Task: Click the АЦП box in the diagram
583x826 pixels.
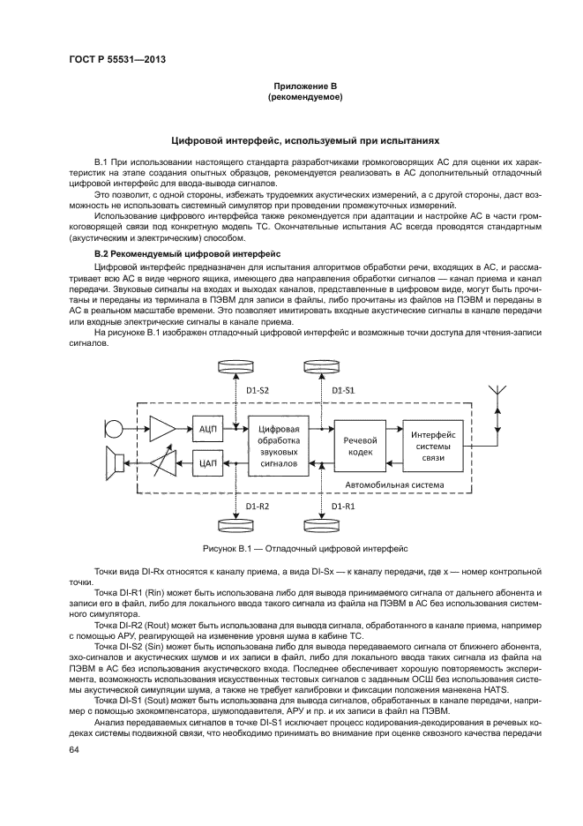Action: tap(208, 428)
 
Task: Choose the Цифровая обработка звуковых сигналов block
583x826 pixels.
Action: tap(279, 444)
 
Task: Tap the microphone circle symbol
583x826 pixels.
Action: tap(112, 429)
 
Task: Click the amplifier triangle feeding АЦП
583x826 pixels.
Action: tap(162, 429)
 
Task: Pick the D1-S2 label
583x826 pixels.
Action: tap(258, 390)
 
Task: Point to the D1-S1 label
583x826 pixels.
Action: tap(343, 390)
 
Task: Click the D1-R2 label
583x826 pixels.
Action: tap(258, 506)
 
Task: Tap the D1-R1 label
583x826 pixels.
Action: tap(343, 506)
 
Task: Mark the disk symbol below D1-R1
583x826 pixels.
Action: tap(322, 526)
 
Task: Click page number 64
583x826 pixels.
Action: tap(74, 749)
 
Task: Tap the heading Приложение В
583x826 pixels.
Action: tap(291, 85)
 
